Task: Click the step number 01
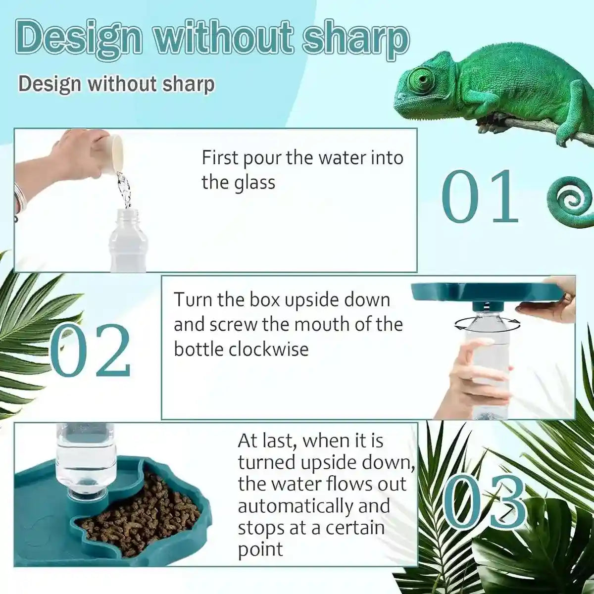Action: click(x=480, y=197)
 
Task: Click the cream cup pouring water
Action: click(x=112, y=153)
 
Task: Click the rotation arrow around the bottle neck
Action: click(x=487, y=324)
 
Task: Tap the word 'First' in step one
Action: click(x=221, y=158)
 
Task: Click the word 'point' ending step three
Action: click(x=260, y=549)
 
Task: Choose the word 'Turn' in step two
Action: click(x=193, y=300)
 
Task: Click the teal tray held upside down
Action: click(x=485, y=293)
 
